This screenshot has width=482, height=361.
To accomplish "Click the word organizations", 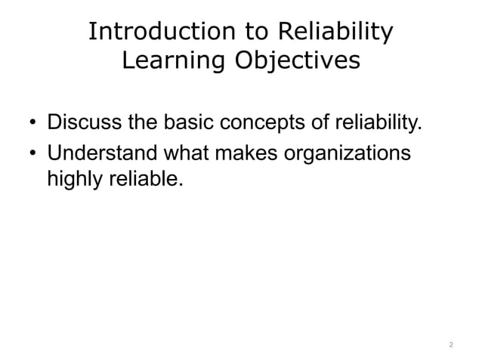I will pos(349,153).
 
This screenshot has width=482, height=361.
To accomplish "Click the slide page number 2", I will pos(450,345).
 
